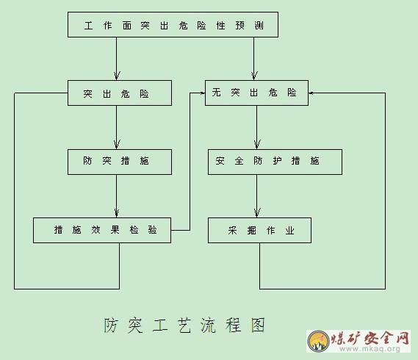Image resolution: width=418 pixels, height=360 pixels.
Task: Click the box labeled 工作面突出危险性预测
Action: click(173, 24)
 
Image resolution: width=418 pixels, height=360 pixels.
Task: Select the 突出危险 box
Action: click(120, 93)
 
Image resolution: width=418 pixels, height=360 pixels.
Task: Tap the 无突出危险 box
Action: click(256, 93)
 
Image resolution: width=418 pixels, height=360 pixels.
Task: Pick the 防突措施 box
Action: click(120, 162)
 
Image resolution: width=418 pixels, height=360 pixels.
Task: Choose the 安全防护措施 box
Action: click(275, 162)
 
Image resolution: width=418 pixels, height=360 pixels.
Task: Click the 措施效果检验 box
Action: click(102, 230)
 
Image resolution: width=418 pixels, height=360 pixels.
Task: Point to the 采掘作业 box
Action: click(259, 230)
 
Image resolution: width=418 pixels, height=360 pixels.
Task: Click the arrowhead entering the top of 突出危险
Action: click(117, 76)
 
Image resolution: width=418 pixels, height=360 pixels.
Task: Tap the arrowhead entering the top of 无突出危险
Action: click(254, 76)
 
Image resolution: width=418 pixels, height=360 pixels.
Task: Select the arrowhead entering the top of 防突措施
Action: click(117, 144)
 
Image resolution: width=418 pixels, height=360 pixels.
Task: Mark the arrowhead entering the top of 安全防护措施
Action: click(257, 144)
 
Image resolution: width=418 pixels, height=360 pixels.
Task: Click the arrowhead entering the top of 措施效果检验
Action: click(117, 213)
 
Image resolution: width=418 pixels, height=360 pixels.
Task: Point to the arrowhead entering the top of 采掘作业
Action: click(257, 213)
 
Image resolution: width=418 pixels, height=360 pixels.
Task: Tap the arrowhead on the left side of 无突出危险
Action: click(203, 93)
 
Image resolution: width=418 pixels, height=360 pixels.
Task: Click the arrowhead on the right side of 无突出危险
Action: click(311, 93)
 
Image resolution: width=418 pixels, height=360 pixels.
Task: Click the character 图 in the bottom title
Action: click(258, 325)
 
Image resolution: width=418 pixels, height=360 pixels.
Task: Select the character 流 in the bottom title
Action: click(208, 325)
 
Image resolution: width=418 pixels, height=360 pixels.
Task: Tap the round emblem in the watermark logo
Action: click(318, 341)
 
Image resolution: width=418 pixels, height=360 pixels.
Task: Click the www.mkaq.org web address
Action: click(370, 348)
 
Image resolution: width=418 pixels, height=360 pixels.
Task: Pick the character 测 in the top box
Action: click(259, 25)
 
